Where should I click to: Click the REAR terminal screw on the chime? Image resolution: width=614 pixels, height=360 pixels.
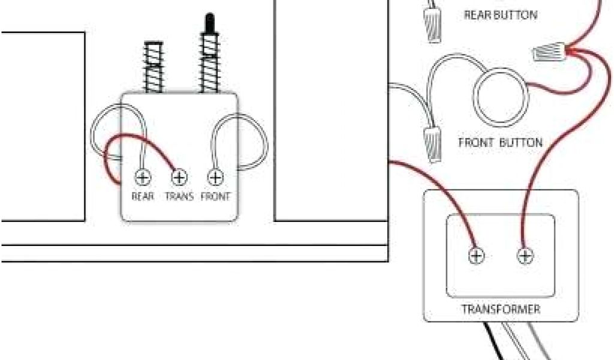coord(143,178)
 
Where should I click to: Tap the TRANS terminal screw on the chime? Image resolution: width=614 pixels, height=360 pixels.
coord(179,178)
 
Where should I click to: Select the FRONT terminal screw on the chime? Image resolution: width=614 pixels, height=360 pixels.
coord(216,178)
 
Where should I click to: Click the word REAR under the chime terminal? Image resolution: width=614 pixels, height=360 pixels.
coord(143,196)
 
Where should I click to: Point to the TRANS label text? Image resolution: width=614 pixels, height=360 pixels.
coord(179,196)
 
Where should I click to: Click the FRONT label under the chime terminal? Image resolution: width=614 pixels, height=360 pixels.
coord(216,196)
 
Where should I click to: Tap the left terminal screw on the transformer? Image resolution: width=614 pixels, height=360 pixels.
coord(477,256)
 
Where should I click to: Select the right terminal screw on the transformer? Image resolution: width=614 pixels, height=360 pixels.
coord(525,256)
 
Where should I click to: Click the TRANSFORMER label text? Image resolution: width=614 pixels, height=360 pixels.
coord(501,310)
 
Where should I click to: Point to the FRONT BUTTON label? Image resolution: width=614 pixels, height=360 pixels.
coord(501,143)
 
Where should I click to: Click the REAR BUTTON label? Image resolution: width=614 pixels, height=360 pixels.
coord(501,15)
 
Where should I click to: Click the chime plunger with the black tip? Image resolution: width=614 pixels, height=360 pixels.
coord(209,54)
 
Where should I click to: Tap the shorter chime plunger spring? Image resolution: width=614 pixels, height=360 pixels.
coord(153,66)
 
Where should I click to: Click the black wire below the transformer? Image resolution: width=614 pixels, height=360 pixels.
coord(496,345)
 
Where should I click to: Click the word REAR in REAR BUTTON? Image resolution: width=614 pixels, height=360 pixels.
coord(477,15)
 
